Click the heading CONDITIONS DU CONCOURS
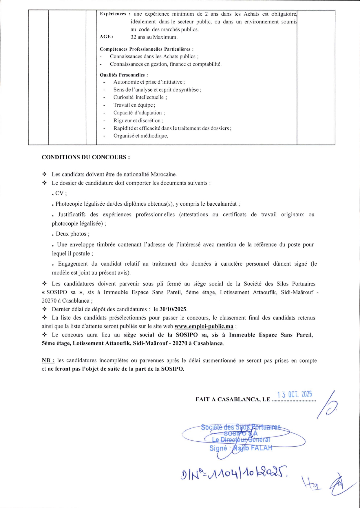[86, 157]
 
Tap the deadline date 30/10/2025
[173, 309]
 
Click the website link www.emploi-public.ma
[204, 326]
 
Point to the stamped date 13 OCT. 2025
[294, 394]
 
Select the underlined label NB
[48, 361]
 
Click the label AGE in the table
[106, 37]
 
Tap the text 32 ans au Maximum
[154, 37]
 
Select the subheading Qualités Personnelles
[124, 75]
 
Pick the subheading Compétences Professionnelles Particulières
[147, 49]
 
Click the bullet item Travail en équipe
[134, 105]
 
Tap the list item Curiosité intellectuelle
[140, 97]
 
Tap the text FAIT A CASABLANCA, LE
[233, 399]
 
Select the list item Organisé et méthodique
[140, 136]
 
